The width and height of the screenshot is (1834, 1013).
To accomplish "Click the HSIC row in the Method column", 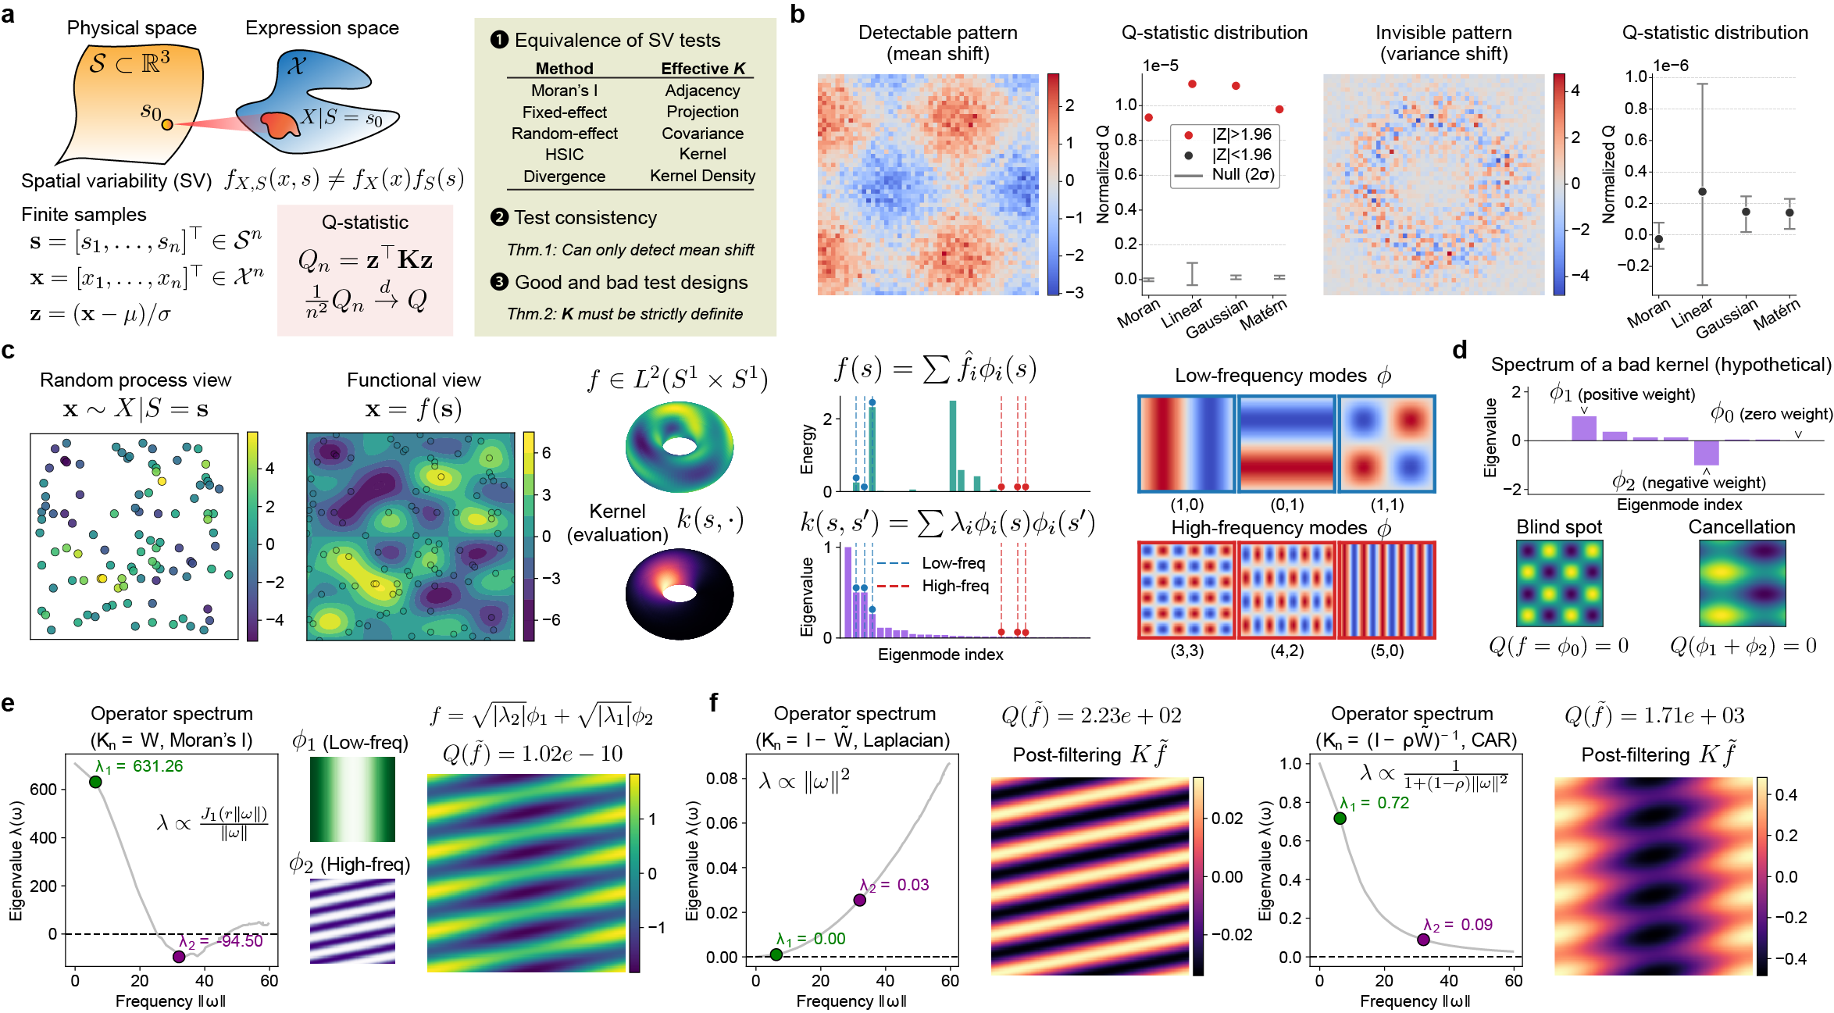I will [x=564, y=155].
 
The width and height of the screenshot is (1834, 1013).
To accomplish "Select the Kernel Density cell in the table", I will [x=702, y=176].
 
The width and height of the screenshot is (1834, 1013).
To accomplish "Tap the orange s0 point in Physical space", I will [x=167, y=124].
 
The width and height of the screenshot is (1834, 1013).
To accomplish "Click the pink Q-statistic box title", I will [x=365, y=223].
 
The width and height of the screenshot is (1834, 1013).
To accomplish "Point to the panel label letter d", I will [x=1460, y=351].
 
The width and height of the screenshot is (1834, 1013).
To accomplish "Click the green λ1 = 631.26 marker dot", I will [x=95, y=782].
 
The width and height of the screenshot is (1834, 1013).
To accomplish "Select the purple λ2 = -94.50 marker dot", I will [x=179, y=956].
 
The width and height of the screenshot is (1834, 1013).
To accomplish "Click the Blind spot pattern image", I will [x=1559, y=583].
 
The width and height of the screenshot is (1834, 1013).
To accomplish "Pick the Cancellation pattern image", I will [x=1742, y=583].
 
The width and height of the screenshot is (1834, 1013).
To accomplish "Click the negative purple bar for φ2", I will [x=1706, y=453].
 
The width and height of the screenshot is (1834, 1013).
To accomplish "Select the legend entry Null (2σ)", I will [x=1242, y=175].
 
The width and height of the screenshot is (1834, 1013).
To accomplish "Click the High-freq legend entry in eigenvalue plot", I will [x=954, y=586].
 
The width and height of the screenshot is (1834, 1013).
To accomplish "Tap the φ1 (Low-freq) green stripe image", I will [x=352, y=798].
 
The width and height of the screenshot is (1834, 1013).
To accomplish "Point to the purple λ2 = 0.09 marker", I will [x=1423, y=940].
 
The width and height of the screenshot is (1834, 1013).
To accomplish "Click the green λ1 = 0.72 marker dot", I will [x=1340, y=819].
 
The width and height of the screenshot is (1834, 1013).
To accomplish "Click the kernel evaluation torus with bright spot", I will [x=680, y=594].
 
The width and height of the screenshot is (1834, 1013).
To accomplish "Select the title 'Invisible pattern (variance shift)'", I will [x=1443, y=43].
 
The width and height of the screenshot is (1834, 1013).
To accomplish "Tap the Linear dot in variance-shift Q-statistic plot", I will [x=1702, y=191].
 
